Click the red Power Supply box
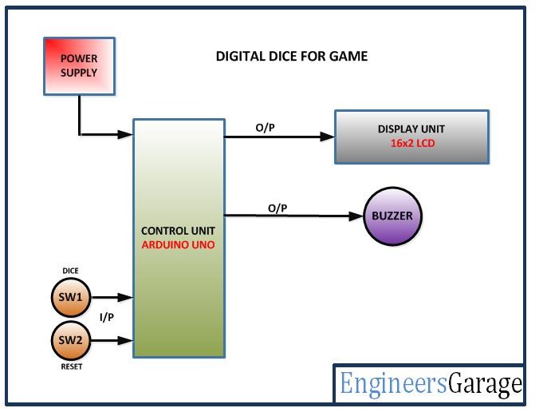78,66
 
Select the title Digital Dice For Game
292,57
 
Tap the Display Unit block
411,136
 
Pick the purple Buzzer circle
392,216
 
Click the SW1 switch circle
70,297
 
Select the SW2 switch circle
70,341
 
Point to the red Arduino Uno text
179,244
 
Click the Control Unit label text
179,232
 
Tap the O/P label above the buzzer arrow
277,208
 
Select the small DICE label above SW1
70,271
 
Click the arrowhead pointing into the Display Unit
327,137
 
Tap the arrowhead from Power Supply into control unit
125,134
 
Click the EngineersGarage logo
431,384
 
